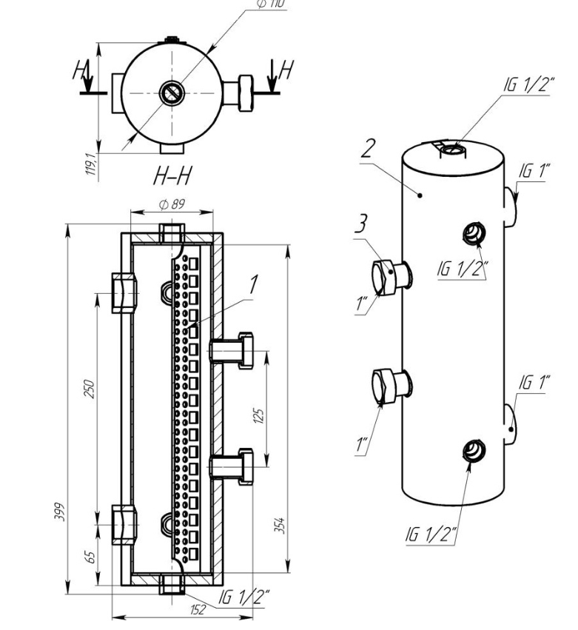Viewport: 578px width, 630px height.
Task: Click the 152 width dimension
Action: point(198,609)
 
